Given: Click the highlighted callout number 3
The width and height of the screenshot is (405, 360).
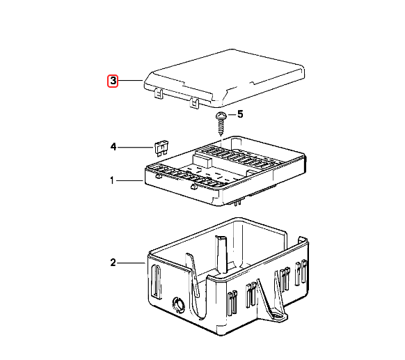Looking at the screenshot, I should click(112, 81).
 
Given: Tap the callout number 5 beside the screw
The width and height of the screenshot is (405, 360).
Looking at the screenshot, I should click(240, 114).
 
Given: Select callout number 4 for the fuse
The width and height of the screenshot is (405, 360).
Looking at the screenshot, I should click(112, 147).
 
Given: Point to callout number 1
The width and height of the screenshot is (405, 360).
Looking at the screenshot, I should click(111, 181).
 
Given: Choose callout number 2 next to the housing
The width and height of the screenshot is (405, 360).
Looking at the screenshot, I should click(112, 263).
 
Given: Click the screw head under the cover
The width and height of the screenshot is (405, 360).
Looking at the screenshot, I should click(221, 116).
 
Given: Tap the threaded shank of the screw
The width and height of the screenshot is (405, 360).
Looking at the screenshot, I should click(221, 127).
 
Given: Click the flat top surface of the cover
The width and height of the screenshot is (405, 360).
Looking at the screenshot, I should click(230, 73).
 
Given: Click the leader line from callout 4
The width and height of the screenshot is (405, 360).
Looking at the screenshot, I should click(136, 147).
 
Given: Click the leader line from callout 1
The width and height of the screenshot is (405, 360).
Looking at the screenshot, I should click(129, 181).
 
